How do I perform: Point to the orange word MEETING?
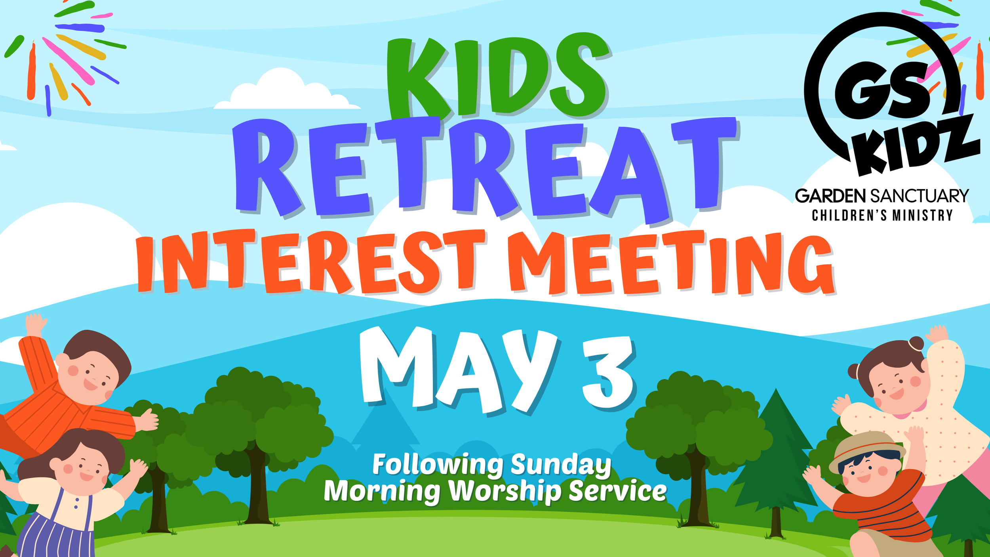point(669,263)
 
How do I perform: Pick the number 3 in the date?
point(608,372)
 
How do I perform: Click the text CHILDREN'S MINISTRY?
point(882,215)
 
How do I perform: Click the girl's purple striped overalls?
point(59,531)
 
